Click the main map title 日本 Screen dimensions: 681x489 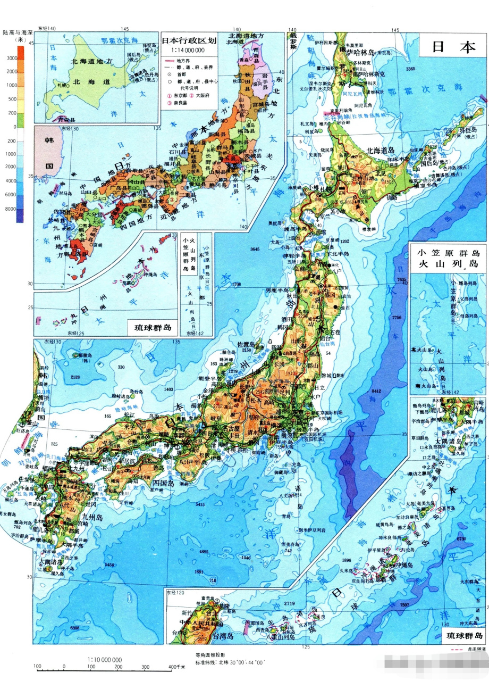coord(453,46)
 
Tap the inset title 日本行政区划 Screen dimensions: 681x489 coord(189,40)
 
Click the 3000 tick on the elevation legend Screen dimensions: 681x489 coord(11,58)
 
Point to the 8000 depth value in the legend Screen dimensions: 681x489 coord(11,209)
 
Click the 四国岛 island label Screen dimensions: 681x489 coord(164,483)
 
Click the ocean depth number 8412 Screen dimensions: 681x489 coord(376,391)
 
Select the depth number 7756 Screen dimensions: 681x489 coord(397,318)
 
